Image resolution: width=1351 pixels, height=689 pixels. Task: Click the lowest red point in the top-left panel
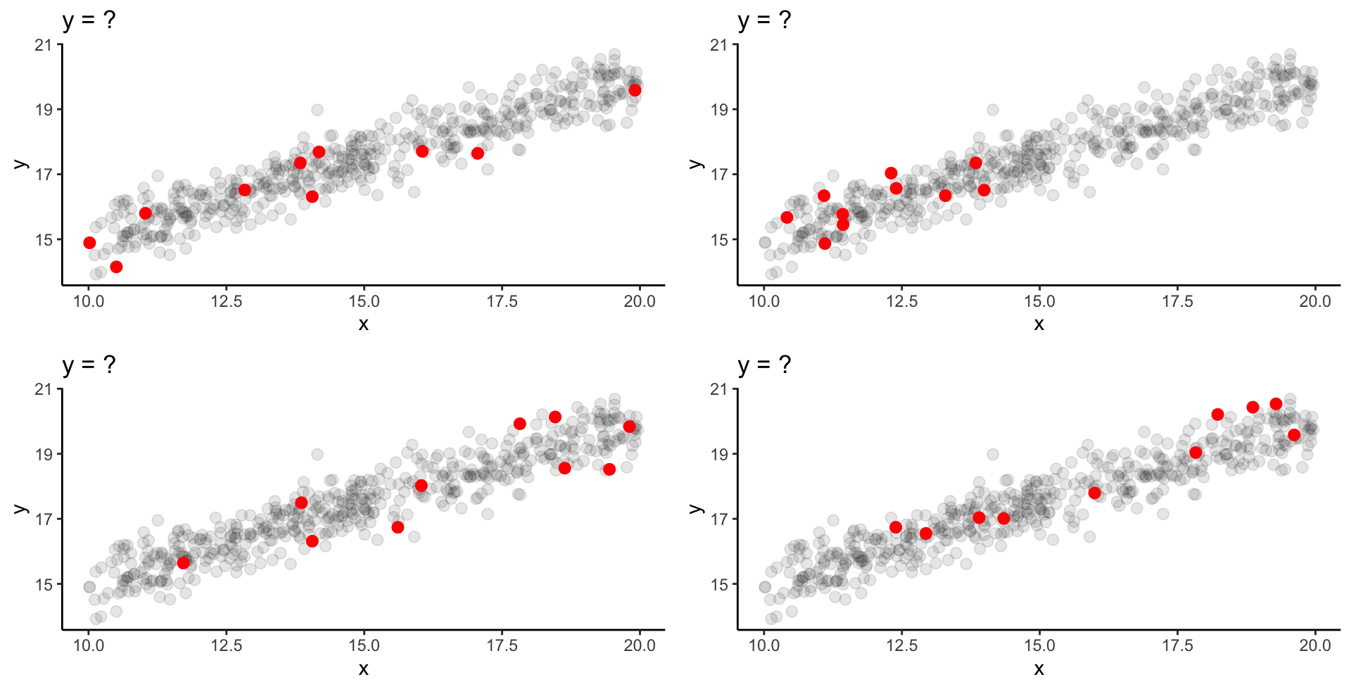pos(116,267)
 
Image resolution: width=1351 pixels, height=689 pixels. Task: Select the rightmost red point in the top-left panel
pos(635,90)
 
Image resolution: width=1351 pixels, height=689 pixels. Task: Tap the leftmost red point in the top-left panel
pos(89,243)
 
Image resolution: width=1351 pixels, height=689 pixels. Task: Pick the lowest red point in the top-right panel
pos(825,244)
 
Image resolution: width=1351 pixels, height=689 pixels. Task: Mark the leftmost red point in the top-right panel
pos(787,217)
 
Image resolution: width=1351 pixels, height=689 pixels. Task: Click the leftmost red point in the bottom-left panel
pos(183,563)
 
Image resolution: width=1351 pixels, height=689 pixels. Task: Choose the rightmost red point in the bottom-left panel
pos(629,426)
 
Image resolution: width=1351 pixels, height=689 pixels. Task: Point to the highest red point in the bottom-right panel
pos(1276,404)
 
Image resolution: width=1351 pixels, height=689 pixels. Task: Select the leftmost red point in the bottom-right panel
pos(896,527)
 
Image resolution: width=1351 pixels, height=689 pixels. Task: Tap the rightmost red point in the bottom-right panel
pos(1294,435)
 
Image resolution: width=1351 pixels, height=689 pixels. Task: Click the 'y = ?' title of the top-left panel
pos(89,20)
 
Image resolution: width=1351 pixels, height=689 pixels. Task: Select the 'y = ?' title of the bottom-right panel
pos(764,365)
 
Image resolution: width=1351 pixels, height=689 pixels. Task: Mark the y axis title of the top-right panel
pos(697,164)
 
